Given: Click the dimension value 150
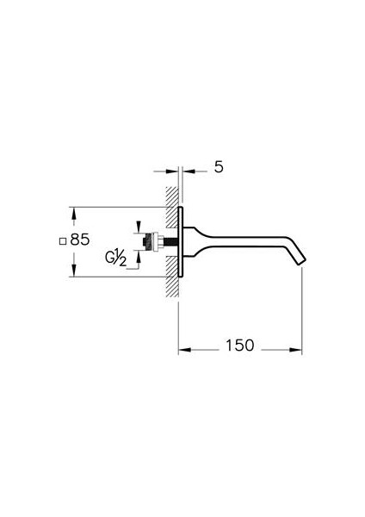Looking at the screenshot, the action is click(x=240, y=346).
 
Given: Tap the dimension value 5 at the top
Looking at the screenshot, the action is click(x=219, y=167).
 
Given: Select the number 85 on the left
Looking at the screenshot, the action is click(x=80, y=240).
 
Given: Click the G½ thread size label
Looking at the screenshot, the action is click(x=115, y=258).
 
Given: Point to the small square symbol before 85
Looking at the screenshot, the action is click(x=62, y=241).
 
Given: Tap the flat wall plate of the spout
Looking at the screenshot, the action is click(x=180, y=241).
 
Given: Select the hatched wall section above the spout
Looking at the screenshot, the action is click(x=171, y=207).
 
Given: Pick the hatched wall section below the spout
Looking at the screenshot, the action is click(x=171, y=277).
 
